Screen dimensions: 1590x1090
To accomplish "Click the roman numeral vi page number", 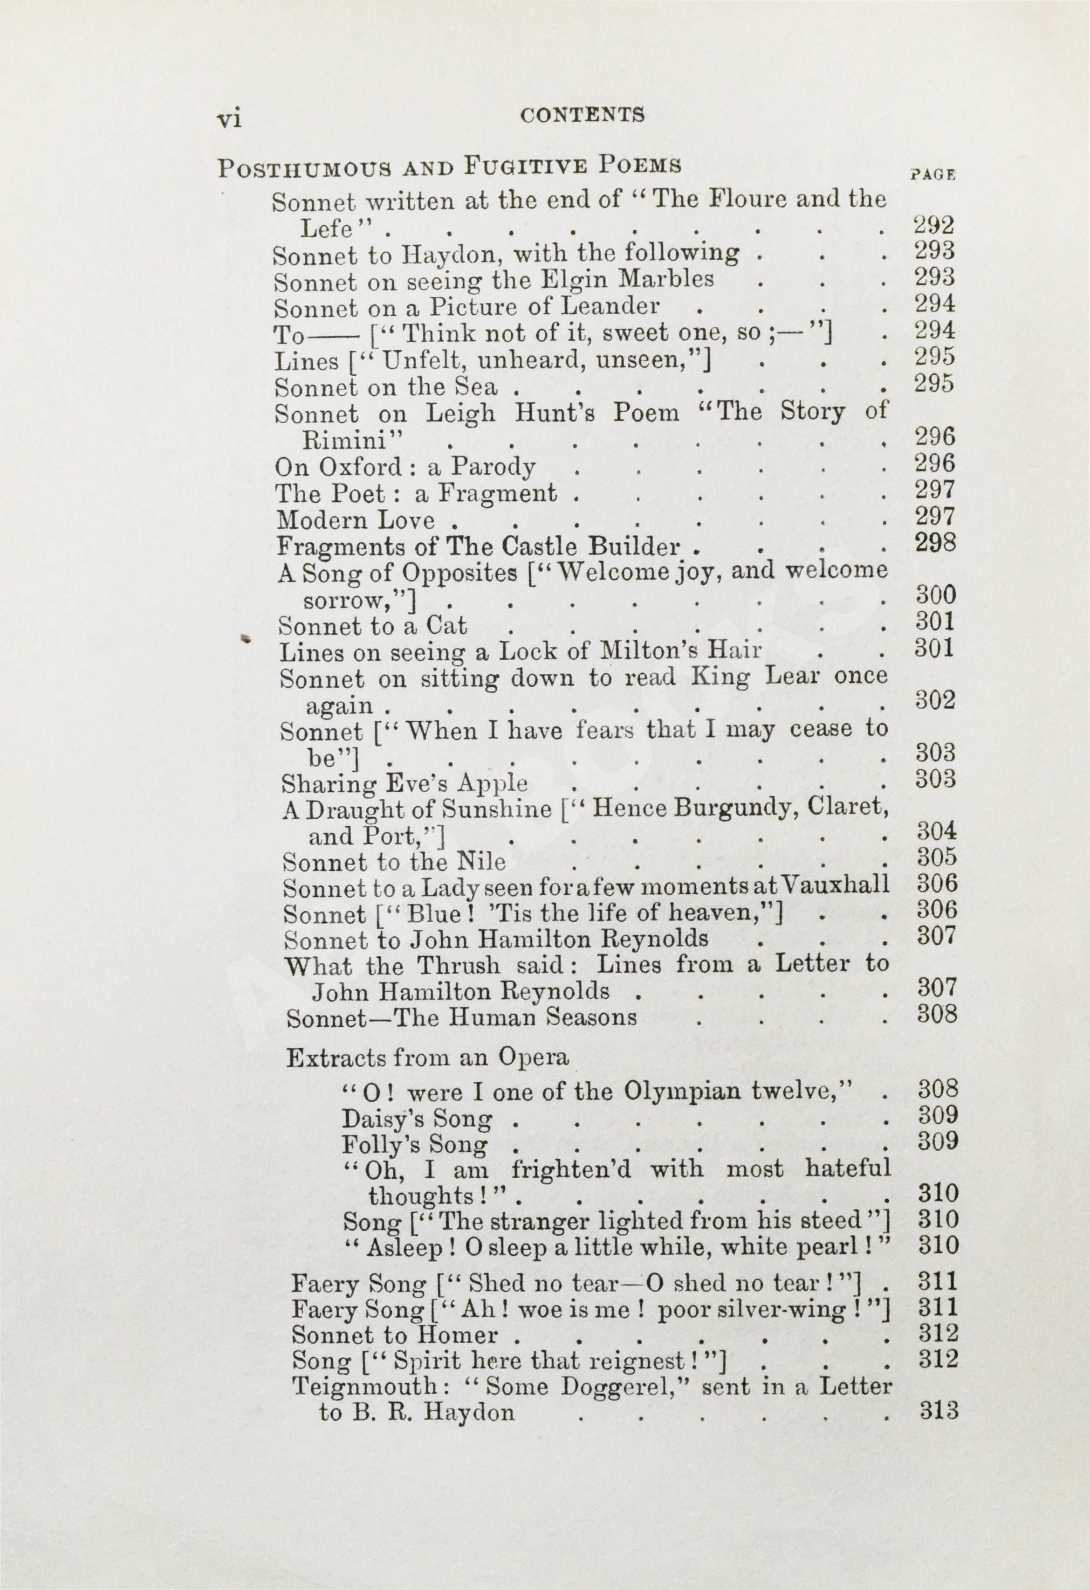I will coord(229,119).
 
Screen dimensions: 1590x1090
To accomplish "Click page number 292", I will coord(934,225).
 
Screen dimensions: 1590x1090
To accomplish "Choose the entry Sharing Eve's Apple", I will coord(404,783).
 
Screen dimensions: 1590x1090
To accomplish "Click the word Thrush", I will coord(459,965).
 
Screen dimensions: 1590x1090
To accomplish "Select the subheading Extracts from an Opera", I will coord(427,1058).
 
